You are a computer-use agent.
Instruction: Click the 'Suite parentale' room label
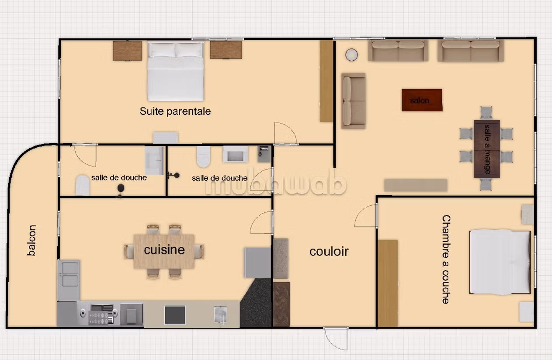(175, 111)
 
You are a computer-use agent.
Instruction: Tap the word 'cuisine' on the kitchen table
(164, 250)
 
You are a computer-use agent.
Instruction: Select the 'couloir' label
(329, 252)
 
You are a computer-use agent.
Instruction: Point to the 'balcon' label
(31, 240)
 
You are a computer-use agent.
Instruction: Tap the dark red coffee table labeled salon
(422, 100)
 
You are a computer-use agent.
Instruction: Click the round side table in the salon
(351, 55)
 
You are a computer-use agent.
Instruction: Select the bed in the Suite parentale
(175, 72)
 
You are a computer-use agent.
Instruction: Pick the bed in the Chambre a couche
(500, 262)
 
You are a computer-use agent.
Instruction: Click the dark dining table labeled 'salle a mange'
(487, 149)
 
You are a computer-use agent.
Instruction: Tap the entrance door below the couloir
(336, 338)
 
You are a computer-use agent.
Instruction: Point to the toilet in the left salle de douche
(82, 185)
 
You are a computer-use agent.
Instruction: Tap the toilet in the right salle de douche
(203, 157)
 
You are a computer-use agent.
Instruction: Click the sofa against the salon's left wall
(354, 101)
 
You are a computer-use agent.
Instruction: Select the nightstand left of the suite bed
(128, 51)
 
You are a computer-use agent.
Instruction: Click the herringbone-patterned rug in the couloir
(281, 305)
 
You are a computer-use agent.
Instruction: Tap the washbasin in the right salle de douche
(235, 155)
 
